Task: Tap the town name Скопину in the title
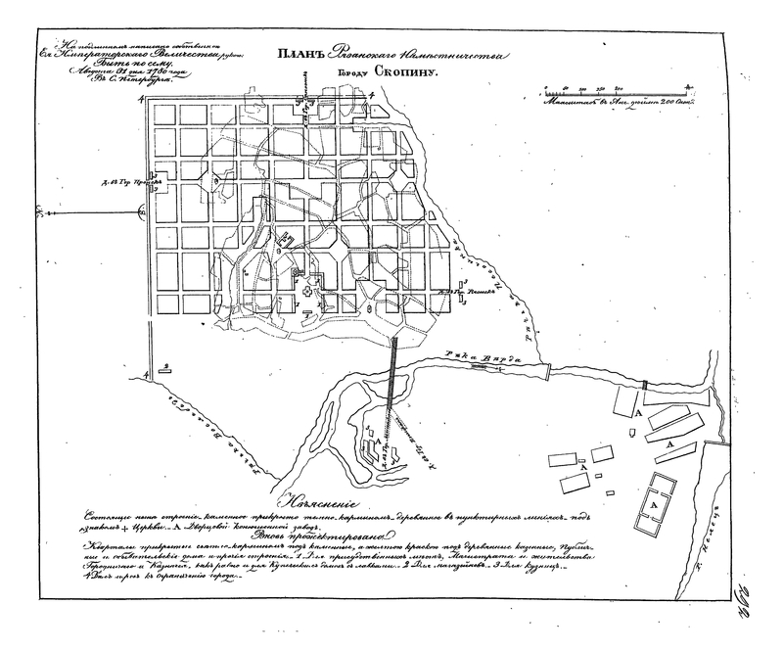pos(404,72)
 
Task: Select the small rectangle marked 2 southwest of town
pos(166,369)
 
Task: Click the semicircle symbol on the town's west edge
pos(144,210)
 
